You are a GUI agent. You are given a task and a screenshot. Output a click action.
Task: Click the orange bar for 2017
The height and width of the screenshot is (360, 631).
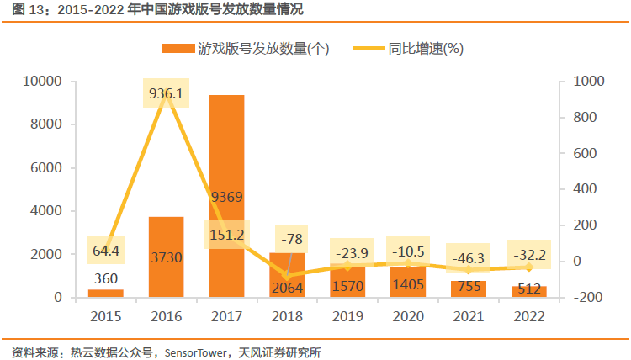tap(226, 151)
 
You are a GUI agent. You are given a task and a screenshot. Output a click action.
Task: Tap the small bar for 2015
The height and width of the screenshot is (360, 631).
tap(105, 293)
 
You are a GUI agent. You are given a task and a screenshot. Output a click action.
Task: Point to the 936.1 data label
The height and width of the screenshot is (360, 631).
tap(166, 93)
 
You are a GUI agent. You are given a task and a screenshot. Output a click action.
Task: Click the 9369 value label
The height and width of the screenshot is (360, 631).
tap(226, 198)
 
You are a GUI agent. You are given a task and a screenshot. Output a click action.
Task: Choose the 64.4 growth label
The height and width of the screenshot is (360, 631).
tap(105, 250)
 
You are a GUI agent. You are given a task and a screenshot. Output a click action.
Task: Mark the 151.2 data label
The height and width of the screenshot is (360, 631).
tap(226, 234)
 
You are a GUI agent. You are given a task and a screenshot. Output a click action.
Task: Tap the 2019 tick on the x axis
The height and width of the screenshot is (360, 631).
tap(347, 316)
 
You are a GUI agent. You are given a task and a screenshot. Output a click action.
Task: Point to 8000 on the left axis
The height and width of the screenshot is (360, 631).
tap(46, 124)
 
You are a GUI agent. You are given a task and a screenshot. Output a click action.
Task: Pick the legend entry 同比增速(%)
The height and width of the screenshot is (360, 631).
tap(425, 49)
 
